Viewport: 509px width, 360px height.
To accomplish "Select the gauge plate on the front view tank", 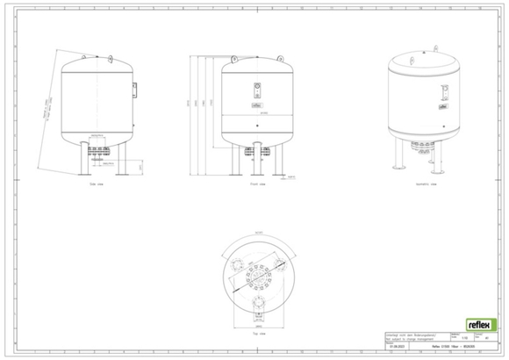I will point(258,90).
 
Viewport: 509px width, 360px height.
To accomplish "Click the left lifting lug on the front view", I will point(234,60).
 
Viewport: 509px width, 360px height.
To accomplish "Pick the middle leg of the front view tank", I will point(258,163).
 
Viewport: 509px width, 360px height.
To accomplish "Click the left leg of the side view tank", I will point(88,163).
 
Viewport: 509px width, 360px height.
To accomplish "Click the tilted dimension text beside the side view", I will point(45,115).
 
